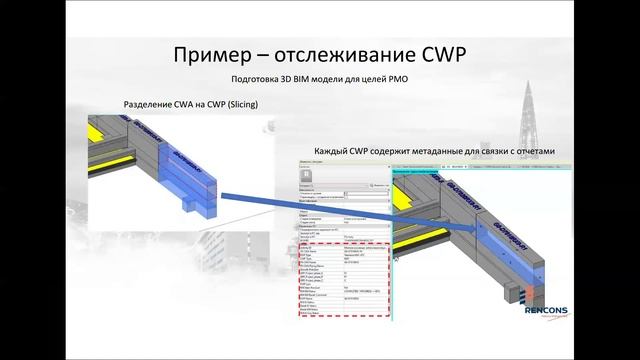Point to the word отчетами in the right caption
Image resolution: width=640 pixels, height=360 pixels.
[530, 151]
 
